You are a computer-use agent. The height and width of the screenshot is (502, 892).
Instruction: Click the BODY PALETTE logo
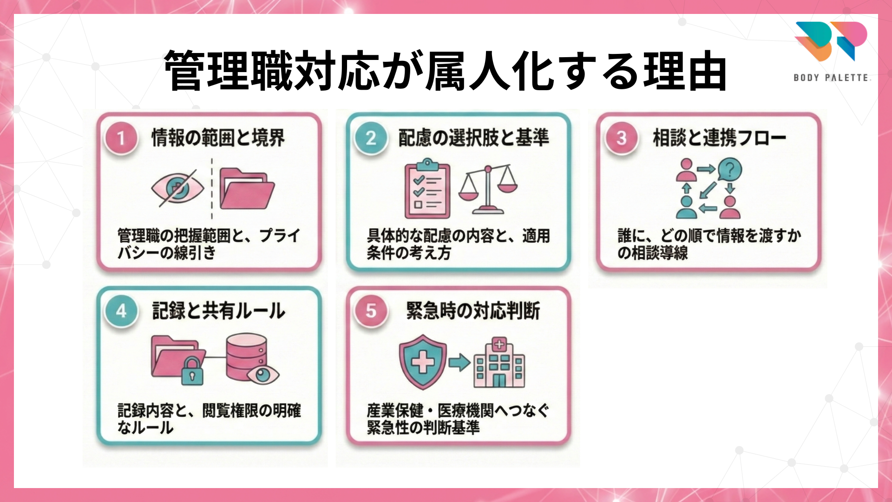(831, 51)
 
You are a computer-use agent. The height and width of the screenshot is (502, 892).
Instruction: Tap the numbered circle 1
(121, 138)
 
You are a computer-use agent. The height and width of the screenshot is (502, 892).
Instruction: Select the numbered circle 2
(371, 138)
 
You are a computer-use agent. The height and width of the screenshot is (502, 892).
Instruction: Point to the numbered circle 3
(621, 138)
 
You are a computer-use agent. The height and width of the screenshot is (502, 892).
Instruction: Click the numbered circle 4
(121, 310)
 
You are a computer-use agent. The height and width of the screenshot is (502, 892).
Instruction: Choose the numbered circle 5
(371, 310)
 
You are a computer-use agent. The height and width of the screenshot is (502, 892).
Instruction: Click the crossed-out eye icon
(177, 188)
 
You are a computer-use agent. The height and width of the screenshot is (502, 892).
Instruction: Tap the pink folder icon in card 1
(246, 189)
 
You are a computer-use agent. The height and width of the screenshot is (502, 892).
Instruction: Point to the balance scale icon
(488, 190)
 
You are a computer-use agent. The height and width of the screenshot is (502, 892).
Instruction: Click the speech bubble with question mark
(729, 169)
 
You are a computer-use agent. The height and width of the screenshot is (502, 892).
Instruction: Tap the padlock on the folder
(192, 370)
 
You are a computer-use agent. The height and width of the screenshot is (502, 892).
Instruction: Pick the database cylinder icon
(246, 356)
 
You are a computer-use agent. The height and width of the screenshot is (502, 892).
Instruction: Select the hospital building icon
(499, 363)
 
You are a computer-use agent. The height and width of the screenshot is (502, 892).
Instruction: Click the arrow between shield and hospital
(459, 362)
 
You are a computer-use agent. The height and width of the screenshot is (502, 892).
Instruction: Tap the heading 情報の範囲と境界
(218, 138)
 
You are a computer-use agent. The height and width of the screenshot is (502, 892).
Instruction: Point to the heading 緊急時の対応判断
(473, 310)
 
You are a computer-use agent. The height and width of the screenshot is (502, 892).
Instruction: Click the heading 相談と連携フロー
(719, 138)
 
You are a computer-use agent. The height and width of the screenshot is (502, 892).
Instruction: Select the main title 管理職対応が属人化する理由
(445, 71)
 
